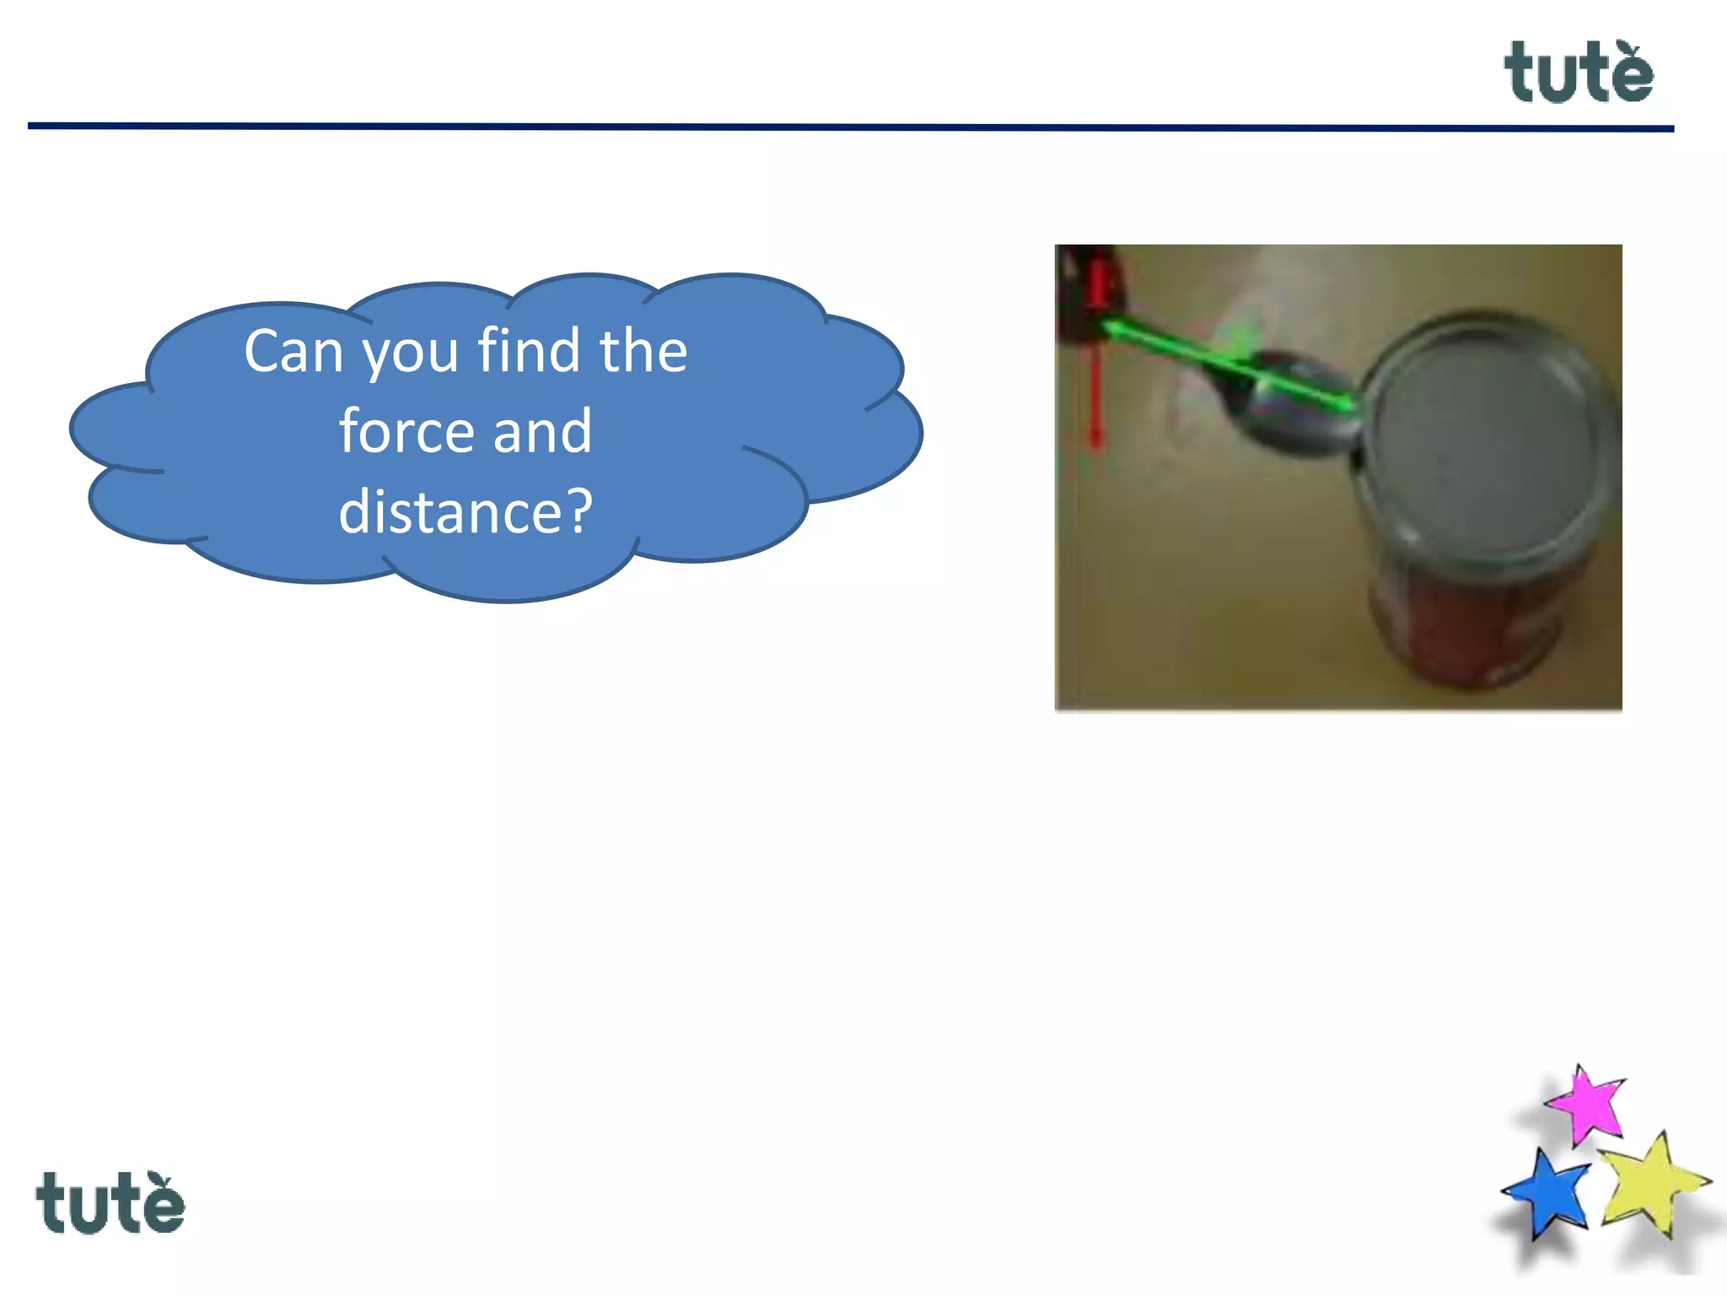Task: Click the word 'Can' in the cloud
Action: click(x=293, y=351)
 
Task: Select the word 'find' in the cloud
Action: click(x=530, y=349)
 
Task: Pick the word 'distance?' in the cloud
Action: click(x=465, y=511)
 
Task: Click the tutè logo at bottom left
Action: click(x=110, y=1202)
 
